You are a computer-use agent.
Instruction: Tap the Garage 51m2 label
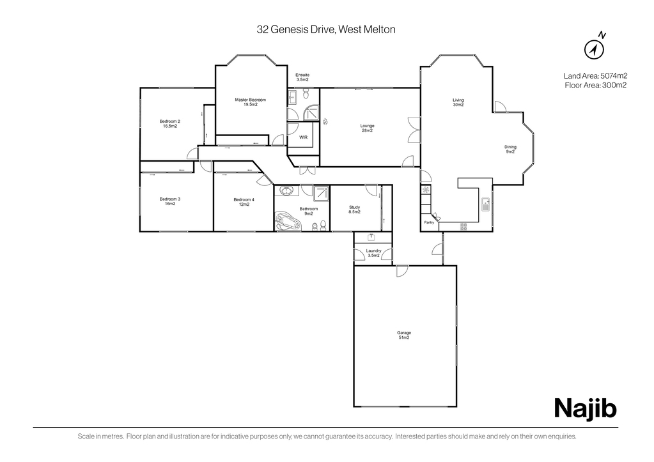pyautogui.click(x=404, y=335)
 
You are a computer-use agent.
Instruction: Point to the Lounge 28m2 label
pyautogui.click(x=367, y=128)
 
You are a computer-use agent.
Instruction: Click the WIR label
pyautogui.click(x=303, y=137)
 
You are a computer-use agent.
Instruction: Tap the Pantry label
pyautogui.click(x=429, y=222)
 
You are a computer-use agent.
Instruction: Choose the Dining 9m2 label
pyautogui.click(x=510, y=150)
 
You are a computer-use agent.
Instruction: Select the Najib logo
pyautogui.click(x=585, y=408)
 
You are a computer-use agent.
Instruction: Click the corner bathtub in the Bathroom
pyautogui.click(x=288, y=221)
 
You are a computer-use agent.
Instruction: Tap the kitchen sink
pyautogui.click(x=485, y=204)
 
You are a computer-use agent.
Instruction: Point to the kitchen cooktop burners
pyautogui.click(x=463, y=226)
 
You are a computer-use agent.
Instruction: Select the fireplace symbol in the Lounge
pyautogui.click(x=325, y=122)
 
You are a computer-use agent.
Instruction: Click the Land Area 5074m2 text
pyautogui.click(x=596, y=76)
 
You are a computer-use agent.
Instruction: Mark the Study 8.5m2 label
pyautogui.click(x=355, y=210)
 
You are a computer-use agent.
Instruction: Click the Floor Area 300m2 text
pyautogui.click(x=596, y=86)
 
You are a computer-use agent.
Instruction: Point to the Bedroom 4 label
pyautogui.click(x=244, y=202)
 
